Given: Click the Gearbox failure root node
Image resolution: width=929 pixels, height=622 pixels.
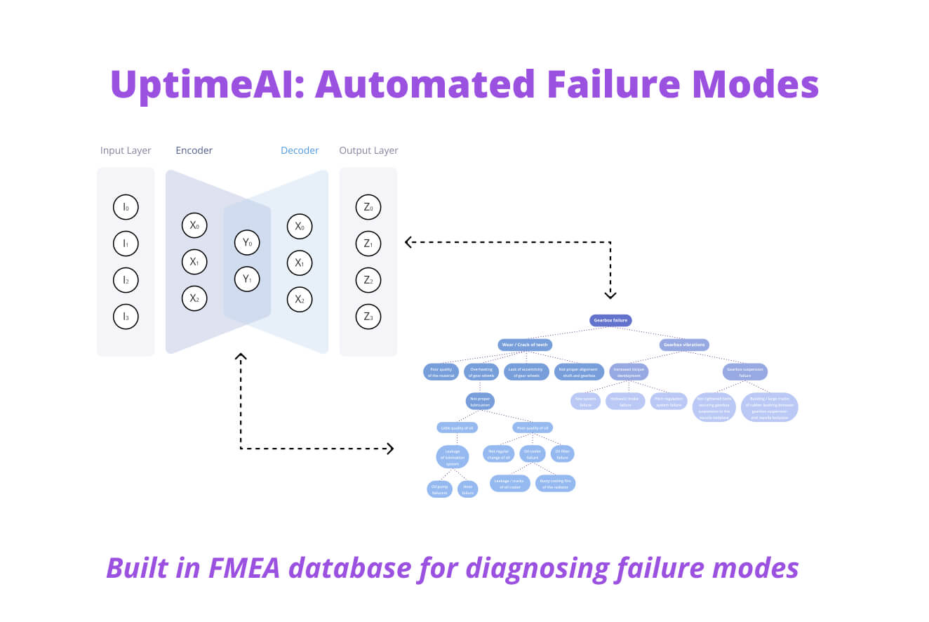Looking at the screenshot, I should pyautogui.click(x=610, y=321).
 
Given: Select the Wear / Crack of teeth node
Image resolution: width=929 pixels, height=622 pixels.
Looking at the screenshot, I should pyautogui.click(x=525, y=345).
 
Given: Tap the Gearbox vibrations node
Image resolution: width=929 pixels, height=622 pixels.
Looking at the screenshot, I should pyautogui.click(x=684, y=345).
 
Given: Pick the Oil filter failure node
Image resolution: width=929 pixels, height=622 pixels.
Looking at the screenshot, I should pyautogui.click(x=562, y=454).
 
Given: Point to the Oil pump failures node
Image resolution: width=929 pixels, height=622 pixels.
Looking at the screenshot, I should pyautogui.click(x=440, y=489).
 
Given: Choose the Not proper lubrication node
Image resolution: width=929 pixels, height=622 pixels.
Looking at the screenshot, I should pyautogui.click(x=480, y=402).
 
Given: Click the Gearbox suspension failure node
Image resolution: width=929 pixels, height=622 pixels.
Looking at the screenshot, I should pyautogui.click(x=745, y=371).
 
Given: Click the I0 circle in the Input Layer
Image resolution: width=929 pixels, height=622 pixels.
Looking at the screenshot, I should pyautogui.click(x=126, y=207).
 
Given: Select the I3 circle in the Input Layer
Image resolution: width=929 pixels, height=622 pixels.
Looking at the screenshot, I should pyautogui.click(x=126, y=317).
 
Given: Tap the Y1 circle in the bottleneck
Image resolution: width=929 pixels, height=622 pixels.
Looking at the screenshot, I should pyautogui.click(x=247, y=279).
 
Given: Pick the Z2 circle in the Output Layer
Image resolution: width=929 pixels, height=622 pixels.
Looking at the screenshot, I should pyautogui.click(x=368, y=280).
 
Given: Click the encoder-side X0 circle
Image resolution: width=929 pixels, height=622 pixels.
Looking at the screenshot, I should pyautogui.click(x=194, y=226).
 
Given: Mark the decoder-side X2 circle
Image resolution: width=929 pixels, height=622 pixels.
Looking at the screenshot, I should pyautogui.click(x=300, y=299).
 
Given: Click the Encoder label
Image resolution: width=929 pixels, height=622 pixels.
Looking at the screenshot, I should pyautogui.click(x=194, y=150).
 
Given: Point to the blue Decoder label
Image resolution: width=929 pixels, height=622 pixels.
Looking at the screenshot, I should pyautogui.click(x=300, y=150).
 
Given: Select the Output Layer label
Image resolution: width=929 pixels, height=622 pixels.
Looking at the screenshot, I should pyautogui.click(x=368, y=150).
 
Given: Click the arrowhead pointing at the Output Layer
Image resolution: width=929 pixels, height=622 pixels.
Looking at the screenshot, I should pyautogui.click(x=408, y=242).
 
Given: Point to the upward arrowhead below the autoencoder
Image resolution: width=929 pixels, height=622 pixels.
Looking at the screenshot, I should pyautogui.click(x=241, y=357).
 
